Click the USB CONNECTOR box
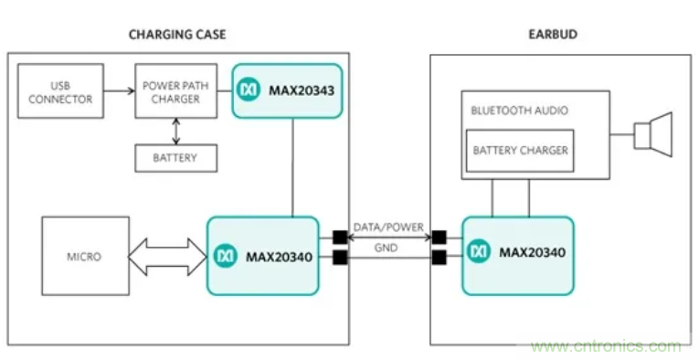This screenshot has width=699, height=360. [60, 90]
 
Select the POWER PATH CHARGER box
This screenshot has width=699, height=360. [176, 90]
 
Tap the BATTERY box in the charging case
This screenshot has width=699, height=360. [176, 158]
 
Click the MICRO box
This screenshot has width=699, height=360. [85, 256]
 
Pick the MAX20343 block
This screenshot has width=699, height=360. [287, 90]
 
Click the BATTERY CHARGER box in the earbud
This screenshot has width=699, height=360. [520, 151]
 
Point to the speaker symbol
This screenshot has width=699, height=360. [653, 134]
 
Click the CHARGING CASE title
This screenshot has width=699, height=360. [177, 35]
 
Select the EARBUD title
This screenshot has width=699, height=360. [553, 35]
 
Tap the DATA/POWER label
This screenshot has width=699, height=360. [388, 228]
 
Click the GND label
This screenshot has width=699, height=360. [387, 248]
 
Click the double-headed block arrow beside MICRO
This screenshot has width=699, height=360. [167, 257]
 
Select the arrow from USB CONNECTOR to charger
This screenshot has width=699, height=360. [119, 90]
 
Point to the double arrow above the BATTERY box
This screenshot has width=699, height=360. [176, 132]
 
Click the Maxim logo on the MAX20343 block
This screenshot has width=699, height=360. [249, 90]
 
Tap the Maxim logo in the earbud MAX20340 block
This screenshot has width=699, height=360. [479, 252]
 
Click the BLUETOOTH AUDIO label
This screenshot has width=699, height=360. [519, 111]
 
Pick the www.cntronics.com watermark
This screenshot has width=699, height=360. [606, 346]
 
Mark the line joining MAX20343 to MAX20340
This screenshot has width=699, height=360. [293, 167]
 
